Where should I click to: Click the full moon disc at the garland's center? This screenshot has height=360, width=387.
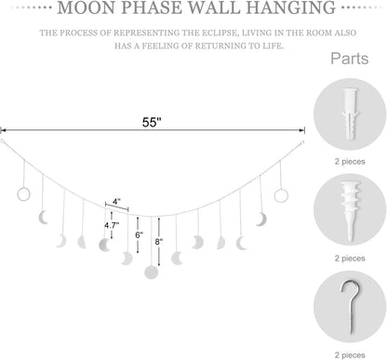[152, 273]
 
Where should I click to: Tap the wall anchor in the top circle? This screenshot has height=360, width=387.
[351, 109]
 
